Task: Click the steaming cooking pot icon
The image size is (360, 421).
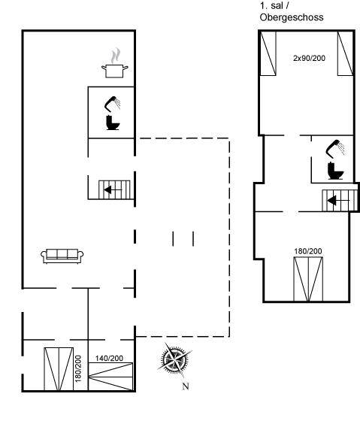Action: (x=115, y=64)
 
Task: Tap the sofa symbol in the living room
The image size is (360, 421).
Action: (x=62, y=256)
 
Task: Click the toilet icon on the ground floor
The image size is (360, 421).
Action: (x=113, y=123)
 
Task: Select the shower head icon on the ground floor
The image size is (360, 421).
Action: (x=112, y=104)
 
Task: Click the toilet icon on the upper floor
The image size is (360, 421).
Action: (x=335, y=171)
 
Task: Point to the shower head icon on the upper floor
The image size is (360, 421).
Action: (x=335, y=148)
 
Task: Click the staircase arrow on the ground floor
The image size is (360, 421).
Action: (x=113, y=189)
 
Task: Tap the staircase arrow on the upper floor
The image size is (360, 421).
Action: (x=338, y=200)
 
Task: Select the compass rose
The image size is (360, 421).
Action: (x=174, y=359)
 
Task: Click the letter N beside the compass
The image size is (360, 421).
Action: (x=186, y=386)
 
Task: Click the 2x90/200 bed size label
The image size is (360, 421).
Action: (x=309, y=58)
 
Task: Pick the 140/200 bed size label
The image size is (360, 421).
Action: (x=109, y=358)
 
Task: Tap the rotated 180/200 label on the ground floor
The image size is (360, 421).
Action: (x=78, y=368)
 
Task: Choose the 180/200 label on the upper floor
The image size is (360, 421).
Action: (x=308, y=251)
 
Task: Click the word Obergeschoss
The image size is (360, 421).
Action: (x=292, y=17)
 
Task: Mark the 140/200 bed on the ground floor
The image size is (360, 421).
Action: (x=110, y=377)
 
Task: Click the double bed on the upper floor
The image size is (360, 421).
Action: (x=308, y=279)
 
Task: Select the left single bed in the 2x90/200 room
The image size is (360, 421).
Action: (x=268, y=53)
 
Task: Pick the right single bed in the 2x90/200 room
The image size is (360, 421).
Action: (x=345, y=53)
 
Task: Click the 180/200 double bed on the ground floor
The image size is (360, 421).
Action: (x=59, y=369)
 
